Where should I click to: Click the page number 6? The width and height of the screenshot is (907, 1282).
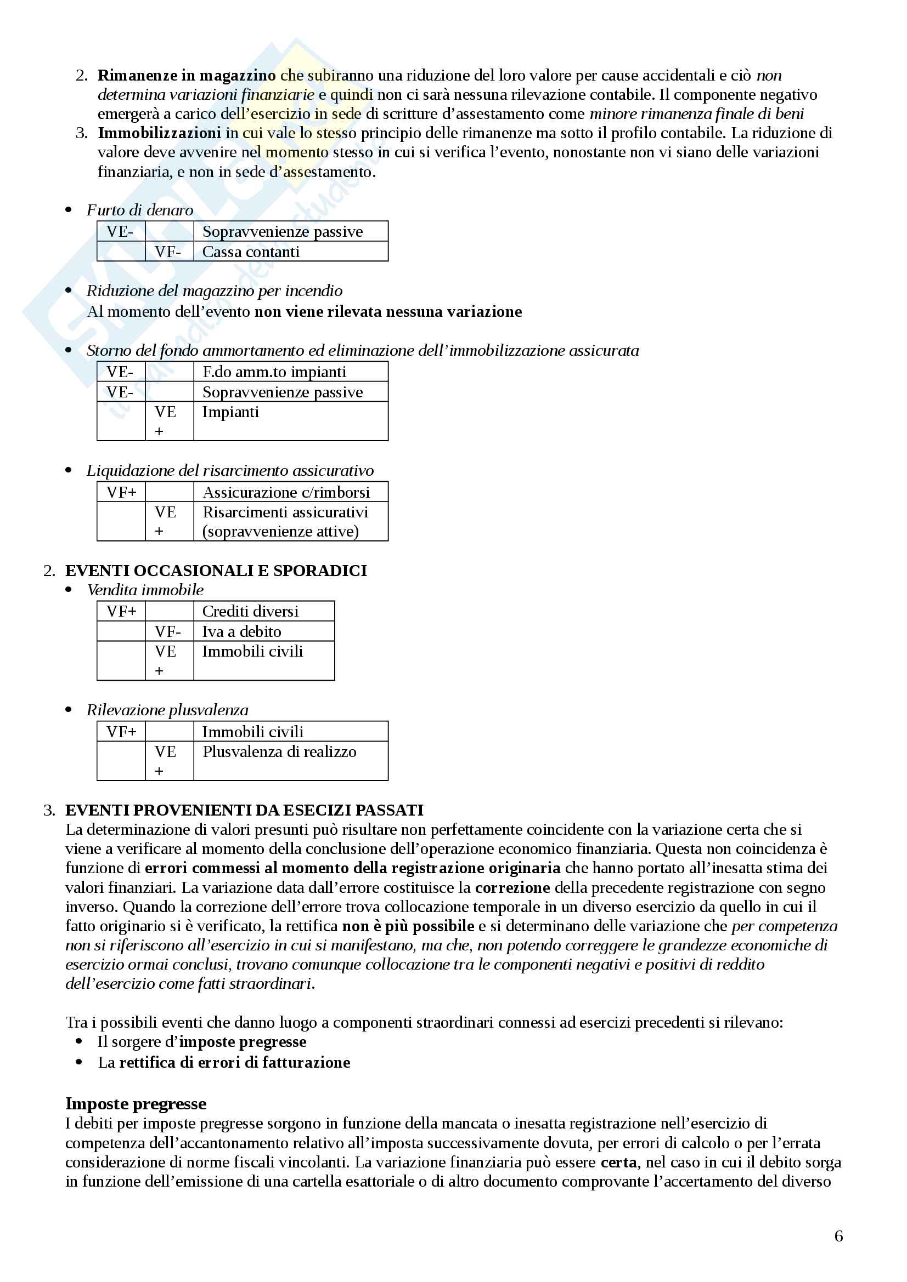838,1235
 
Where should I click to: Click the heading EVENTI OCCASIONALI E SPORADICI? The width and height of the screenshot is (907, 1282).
216,570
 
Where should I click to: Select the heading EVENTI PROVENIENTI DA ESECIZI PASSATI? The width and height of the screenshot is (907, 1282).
244,810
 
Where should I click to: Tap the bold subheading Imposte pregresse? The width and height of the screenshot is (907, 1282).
136,1103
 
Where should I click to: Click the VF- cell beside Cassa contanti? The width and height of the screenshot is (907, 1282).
168,252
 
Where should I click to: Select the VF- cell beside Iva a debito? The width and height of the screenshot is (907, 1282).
168,631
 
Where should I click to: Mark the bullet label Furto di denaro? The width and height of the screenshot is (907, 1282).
140,210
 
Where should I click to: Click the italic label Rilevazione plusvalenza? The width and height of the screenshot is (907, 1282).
167,710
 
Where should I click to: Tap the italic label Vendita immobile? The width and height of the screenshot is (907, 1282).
145,590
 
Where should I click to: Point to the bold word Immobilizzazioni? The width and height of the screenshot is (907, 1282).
159,133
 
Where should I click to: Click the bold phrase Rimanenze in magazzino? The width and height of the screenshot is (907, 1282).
187,76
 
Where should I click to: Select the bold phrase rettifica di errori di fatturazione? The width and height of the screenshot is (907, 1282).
235,1062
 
